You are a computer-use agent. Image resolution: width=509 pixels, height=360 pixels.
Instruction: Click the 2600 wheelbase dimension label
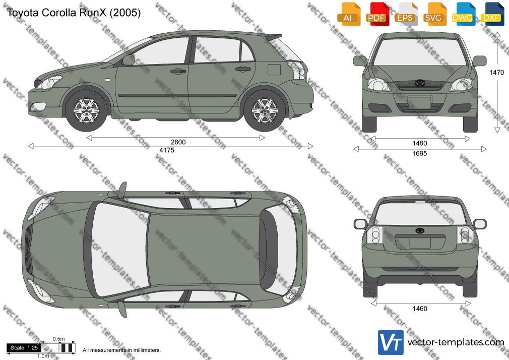click(x=178, y=142)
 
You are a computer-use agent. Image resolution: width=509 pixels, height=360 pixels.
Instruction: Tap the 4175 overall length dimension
click(x=166, y=150)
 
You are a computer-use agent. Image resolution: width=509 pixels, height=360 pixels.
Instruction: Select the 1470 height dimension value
click(x=497, y=73)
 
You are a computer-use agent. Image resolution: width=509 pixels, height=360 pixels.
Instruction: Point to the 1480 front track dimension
click(x=420, y=143)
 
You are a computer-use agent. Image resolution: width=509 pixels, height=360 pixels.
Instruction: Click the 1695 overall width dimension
click(x=420, y=153)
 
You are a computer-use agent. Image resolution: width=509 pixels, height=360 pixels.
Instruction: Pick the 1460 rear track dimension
click(x=420, y=309)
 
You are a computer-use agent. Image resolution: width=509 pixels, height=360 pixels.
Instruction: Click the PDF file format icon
click(x=377, y=14)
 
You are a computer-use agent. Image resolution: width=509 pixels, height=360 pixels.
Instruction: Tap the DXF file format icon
click(x=492, y=14)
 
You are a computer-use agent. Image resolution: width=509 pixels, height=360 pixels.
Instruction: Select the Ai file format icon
click(x=348, y=14)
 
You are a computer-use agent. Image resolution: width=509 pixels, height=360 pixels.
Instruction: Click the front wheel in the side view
click(x=86, y=110)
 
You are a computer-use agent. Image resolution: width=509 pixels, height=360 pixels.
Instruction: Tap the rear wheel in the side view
click(x=265, y=110)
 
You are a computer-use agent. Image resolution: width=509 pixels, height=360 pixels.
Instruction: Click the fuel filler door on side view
click(x=274, y=70)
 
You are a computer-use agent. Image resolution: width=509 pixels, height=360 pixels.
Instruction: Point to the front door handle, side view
click(x=178, y=71)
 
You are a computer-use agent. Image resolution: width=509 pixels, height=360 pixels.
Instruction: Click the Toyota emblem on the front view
click(x=420, y=83)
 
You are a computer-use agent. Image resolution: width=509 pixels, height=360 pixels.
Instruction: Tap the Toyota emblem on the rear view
click(x=420, y=231)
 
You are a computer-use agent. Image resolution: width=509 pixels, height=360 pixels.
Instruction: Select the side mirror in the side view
click(x=129, y=60)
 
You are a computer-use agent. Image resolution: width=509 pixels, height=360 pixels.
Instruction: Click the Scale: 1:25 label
click(x=24, y=348)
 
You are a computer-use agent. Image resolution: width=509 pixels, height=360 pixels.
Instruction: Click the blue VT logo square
click(x=391, y=342)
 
